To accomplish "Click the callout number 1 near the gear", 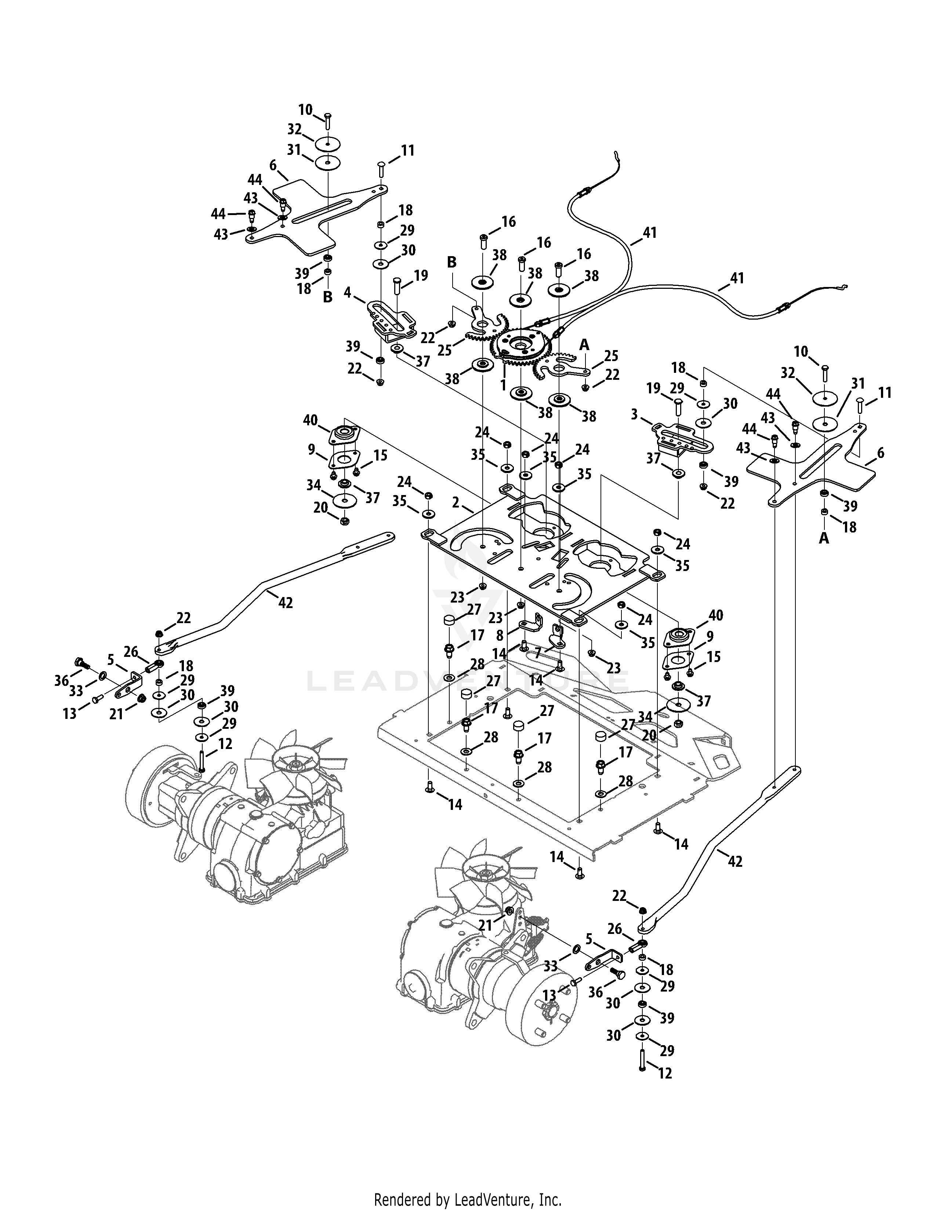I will [x=503, y=385].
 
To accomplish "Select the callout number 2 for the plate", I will [x=456, y=502].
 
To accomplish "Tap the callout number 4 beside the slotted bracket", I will [x=347, y=292].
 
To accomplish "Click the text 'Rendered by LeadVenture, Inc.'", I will [x=467, y=1196].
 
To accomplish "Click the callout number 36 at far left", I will [x=61, y=680].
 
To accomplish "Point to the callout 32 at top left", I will [x=294, y=129].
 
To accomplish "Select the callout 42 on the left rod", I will [x=286, y=603].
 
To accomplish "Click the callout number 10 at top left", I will [x=305, y=109].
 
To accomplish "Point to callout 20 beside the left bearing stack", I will [x=320, y=508].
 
